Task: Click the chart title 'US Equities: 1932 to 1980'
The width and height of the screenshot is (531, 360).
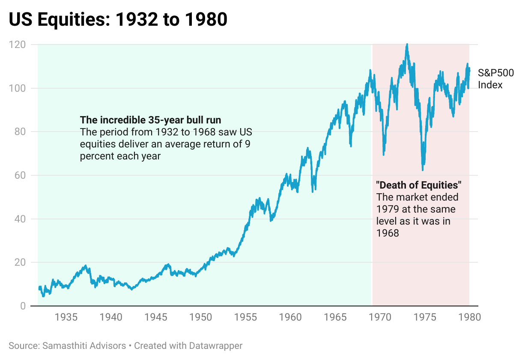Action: (x=118, y=20)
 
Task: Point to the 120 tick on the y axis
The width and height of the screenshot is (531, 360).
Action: (x=17, y=45)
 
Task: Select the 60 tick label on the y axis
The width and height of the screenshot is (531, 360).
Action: (x=19, y=175)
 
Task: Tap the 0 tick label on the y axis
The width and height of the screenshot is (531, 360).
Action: (x=22, y=306)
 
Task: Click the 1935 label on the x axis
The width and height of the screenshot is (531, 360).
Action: (x=66, y=318)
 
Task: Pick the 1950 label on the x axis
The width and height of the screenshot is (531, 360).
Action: (x=201, y=318)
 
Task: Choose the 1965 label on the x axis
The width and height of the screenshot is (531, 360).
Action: (x=335, y=318)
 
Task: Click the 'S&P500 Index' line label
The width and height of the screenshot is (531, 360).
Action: (x=495, y=79)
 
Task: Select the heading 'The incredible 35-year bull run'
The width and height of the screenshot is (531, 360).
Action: (x=150, y=120)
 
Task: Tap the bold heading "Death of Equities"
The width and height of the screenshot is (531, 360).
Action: (x=418, y=185)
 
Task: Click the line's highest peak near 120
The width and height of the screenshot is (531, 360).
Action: (x=406, y=45)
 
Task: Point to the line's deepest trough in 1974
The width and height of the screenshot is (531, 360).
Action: (x=423, y=170)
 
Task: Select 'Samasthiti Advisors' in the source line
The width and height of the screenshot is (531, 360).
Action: (x=84, y=345)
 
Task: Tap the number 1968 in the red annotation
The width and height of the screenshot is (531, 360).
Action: (x=388, y=234)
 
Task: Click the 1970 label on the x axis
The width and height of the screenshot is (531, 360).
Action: (x=380, y=318)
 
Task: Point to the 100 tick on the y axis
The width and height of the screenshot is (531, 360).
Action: (x=17, y=88)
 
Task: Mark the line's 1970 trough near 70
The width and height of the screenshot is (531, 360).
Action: (x=383, y=153)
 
